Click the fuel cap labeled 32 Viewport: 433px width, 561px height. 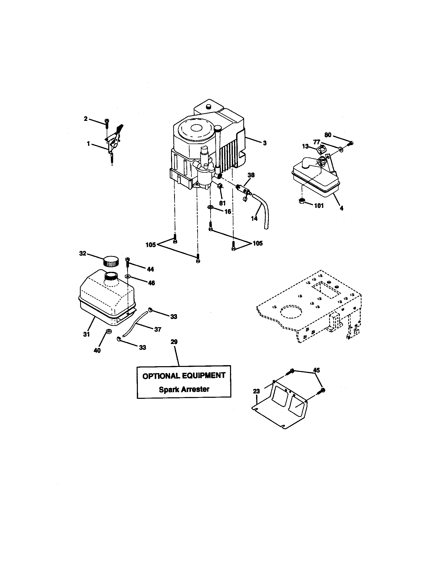111,261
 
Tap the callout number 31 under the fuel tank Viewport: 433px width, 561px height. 86,334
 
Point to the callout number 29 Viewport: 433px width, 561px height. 174,342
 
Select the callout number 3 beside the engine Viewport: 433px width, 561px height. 264,143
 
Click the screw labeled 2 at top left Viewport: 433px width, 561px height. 106,122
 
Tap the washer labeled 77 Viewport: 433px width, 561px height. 341,149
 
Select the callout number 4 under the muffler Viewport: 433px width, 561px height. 341,208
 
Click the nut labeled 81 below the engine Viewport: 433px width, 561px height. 220,193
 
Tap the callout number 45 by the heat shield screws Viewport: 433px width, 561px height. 316,370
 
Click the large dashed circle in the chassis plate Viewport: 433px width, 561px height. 293,313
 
